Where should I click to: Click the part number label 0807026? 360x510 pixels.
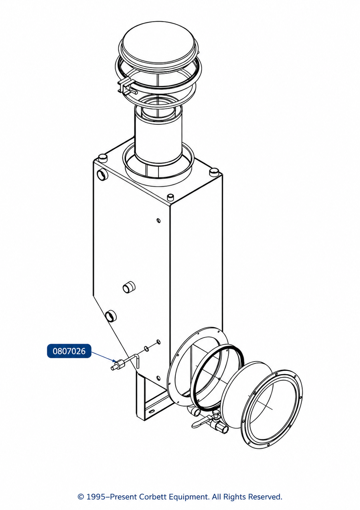point(69,351)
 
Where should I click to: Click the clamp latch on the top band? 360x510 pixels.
point(126,86)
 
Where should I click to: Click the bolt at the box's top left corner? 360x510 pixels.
point(102,157)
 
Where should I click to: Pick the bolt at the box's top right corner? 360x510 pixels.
point(213,172)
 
